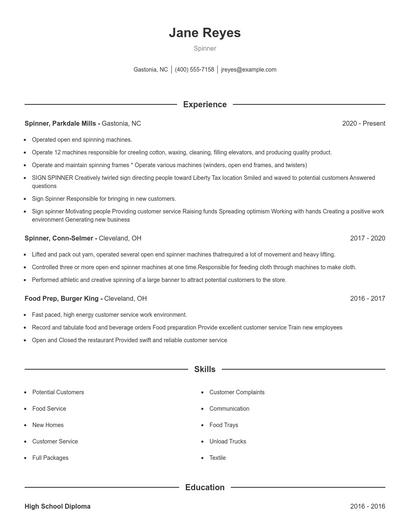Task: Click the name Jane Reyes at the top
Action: coord(205,33)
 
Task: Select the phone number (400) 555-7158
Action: coord(194,70)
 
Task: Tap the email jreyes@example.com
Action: coord(248,70)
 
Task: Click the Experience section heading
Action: coord(205,104)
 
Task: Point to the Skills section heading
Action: coord(205,369)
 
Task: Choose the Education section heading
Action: coord(205,487)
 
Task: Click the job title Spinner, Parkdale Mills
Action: coord(62,123)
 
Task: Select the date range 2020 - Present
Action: coord(363,123)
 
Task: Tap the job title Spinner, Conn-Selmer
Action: coord(61,239)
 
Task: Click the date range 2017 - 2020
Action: coord(368,239)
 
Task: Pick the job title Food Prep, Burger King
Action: coord(64,298)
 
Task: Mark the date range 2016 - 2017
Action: coord(368,298)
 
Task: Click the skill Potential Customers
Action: coord(58,392)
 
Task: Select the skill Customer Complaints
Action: coord(236,392)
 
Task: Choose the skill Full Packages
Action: coord(50,457)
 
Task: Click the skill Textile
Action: coord(218,457)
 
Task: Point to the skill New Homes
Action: coord(49,425)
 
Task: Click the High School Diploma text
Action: coord(57,507)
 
